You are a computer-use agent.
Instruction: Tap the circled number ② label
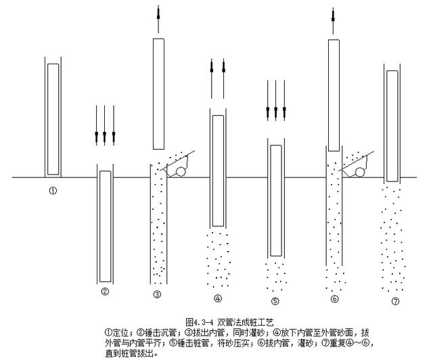click(x=105, y=292)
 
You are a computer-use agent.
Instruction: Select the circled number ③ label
click(x=157, y=294)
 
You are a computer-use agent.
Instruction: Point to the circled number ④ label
click(x=217, y=297)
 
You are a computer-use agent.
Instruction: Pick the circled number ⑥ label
click(x=334, y=298)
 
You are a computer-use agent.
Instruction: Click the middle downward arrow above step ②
click(x=105, y=125)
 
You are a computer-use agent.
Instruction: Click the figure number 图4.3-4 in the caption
click(x=200, y=323)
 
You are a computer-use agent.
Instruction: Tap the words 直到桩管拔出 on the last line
click(x=129, y=352)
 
